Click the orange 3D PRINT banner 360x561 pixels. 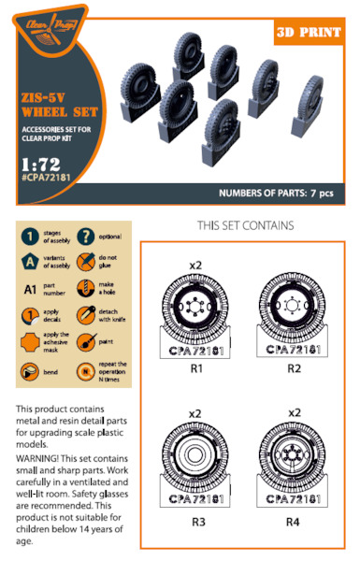point(313,33)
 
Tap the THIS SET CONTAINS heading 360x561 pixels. point(246,225)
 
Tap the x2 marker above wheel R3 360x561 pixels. point(195,412)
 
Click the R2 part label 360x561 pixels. point(292,368)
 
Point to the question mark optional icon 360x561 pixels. point(87,236)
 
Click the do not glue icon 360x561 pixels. point(87,263)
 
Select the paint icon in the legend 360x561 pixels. point(87,342)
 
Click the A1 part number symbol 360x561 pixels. point(30,289)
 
